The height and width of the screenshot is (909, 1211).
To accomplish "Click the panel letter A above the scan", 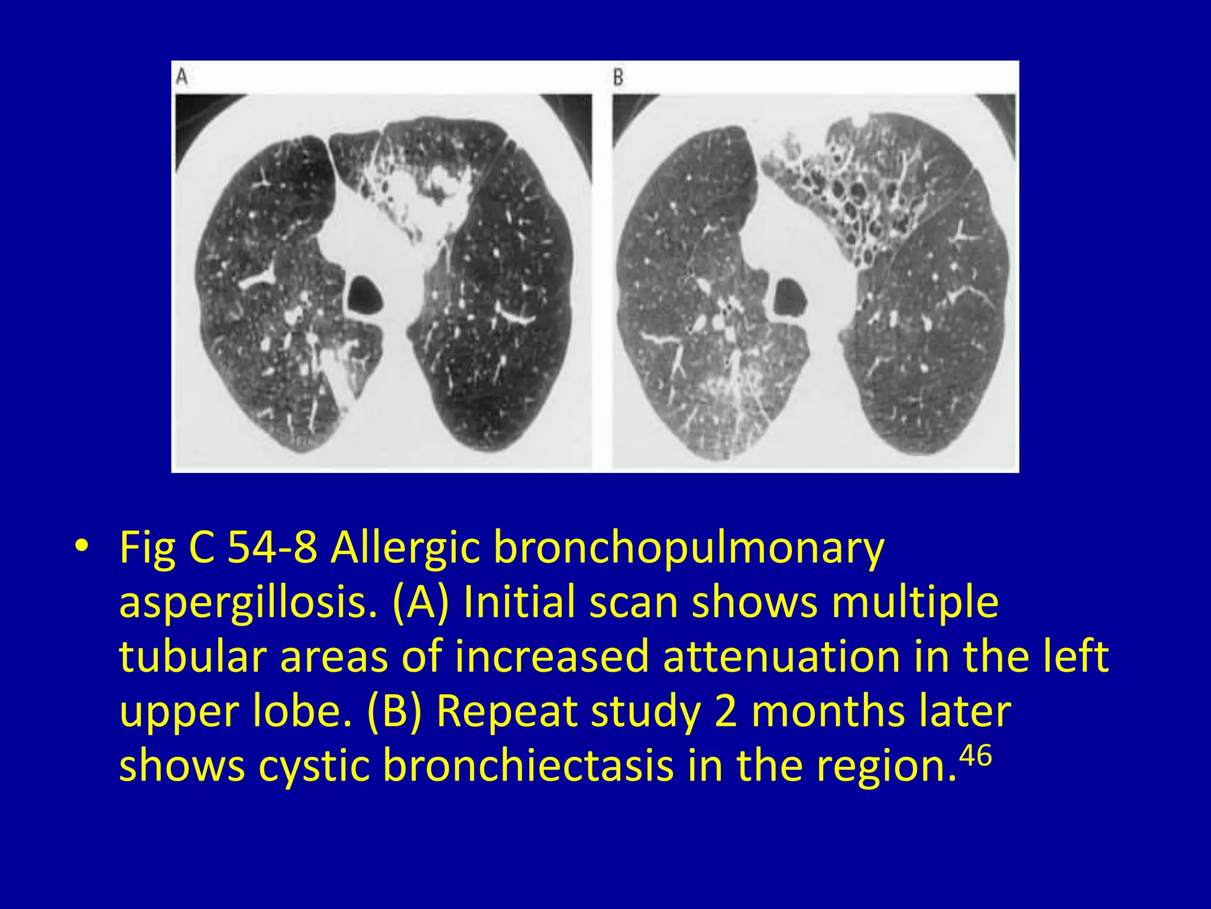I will tap(183, 77).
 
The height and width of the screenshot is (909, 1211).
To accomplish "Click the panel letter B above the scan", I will tap(618, 78).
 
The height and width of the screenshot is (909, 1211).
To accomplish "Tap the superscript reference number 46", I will tap(975, 756).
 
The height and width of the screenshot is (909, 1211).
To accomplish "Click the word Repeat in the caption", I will tap(506, 711).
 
